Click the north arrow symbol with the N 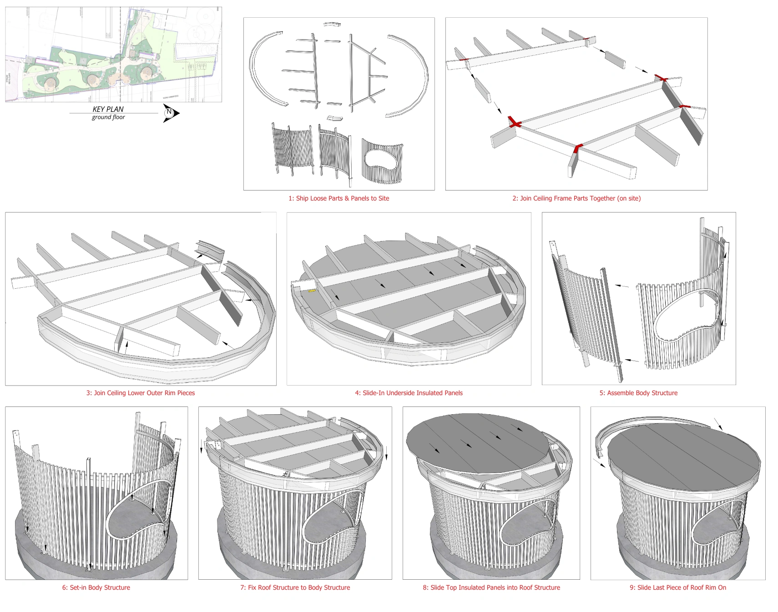tap(170, 113)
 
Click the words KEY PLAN tap(108, 109)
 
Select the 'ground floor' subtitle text tap(108, 117)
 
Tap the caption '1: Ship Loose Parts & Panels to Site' tap(338, 198)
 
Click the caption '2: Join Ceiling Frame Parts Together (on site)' tap(576, 198)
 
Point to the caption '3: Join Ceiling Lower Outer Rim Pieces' tap(141, 393)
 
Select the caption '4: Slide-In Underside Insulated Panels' tap(409, 393)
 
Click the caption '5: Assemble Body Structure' tap(638, 393)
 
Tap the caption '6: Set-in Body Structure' tap(96, 587)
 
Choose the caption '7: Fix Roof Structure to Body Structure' tap(295, 587)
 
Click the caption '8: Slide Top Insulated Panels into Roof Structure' tap(491, 587)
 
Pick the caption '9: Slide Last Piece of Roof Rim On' tap(677, 587)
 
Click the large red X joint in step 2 tap(515, 122)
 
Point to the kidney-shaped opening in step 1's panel tap(381, 160)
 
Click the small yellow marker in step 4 tap(312, 290)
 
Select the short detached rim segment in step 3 tap(210, 250)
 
